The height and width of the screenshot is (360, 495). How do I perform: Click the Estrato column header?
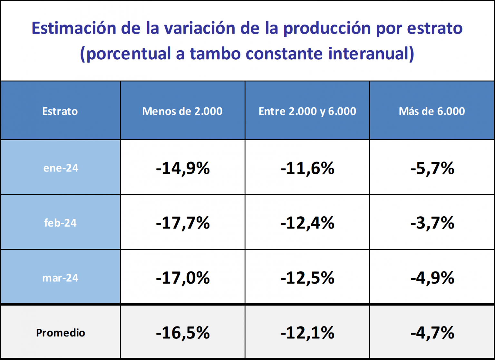click(x=60, y=111)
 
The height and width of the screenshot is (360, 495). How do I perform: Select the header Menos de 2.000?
click(x=182, y=111)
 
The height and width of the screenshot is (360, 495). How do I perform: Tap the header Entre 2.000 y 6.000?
click(x=307, y=111)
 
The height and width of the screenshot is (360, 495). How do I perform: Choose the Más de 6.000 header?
click(x=432, y=111)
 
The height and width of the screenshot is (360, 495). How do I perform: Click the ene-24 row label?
click(x=61, y=168)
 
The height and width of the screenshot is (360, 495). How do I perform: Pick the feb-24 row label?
click(x=60, y=223)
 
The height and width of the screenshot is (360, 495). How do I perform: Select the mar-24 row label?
click(x=60, y=278)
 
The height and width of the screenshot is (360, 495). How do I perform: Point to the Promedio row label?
click(x=60, y=333)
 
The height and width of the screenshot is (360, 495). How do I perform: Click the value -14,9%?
click(x=183, y=168)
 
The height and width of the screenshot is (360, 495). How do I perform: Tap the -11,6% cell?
click(x=307, y=168)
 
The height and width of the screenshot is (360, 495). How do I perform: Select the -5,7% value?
click(x=432, y=168)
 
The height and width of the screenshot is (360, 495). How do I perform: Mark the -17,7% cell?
click(x=183, y=223)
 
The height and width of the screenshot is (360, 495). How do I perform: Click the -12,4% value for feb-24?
click(x=307, y=223)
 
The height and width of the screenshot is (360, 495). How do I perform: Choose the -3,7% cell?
click(x=432, y=223)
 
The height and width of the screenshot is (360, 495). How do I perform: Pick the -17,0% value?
click(x=183, y=278)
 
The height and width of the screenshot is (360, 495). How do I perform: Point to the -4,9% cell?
click(x=432, y=278)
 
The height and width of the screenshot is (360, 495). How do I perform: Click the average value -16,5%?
click(x=183, y=333)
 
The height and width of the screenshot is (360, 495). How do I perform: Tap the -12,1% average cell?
click(x=307, y=333)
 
